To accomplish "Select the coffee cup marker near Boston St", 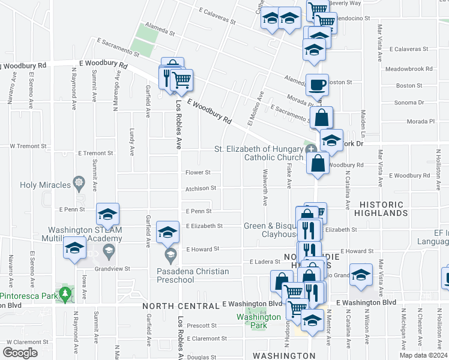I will coord(317,85).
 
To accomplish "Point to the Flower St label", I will coord(198,172).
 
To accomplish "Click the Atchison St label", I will coord(200,188).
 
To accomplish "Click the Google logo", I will coord(20,353).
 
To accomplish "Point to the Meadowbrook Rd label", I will coord(409,69).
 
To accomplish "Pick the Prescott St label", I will coord(202,326).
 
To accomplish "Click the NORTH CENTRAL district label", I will coord(181,306).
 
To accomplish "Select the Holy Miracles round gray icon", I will coord(79,181).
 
